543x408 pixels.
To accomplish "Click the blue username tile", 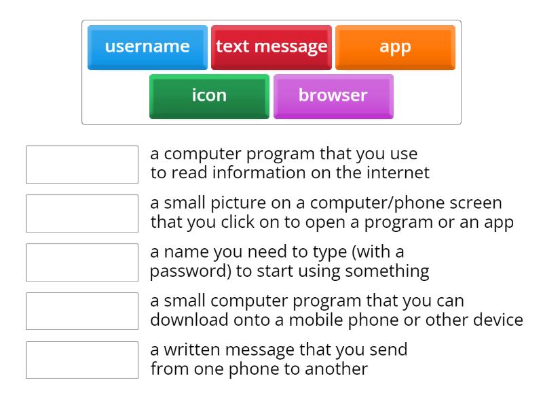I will tap(147, 47).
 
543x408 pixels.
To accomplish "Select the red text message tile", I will tap(271, 47).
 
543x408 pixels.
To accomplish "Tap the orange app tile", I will tap(395, 47).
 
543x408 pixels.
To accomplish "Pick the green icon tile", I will tap(209, 95).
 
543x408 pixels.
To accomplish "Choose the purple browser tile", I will tap(333, 95).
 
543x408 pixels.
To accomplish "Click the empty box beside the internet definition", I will tap(82, 165).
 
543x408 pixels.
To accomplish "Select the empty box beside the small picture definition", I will tap(82, 214).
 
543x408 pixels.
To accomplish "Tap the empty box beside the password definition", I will tap(82, 262).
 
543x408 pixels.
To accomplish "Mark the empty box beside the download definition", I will tap(82, 311).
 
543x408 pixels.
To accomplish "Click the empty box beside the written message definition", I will tap(82, 360).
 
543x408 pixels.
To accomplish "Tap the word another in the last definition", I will tap(335, 369).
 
